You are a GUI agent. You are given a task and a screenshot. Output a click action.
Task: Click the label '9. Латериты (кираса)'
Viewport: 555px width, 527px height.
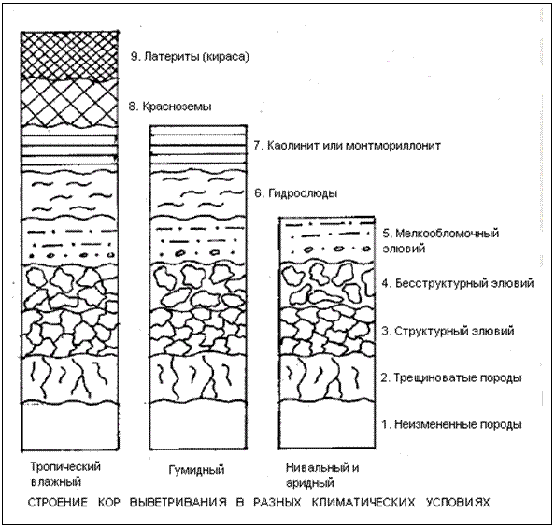pos(190,57)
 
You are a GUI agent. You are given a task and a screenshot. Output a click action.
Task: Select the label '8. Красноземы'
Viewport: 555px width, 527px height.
pos(170,107)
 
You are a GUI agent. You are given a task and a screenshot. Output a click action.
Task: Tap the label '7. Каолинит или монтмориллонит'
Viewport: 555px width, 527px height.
pos(348,146)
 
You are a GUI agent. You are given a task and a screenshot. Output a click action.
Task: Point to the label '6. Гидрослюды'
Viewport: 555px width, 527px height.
pos(296,193)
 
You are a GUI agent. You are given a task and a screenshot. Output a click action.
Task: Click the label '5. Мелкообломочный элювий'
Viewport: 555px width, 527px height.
pos(441,241)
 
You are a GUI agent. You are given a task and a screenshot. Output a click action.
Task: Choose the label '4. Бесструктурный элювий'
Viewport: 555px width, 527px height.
pos(458,283)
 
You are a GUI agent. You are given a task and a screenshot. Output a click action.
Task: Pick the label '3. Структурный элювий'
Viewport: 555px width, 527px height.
pos(448,331)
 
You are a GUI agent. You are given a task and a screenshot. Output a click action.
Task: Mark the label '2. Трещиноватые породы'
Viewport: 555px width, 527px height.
pos(451,377)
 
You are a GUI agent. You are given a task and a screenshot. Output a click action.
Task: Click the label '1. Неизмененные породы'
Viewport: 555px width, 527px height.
pos(451,424)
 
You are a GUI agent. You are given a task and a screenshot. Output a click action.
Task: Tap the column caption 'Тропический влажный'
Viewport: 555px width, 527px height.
pos(65,475)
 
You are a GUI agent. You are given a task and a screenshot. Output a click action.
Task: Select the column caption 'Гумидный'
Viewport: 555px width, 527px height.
pos(196,470)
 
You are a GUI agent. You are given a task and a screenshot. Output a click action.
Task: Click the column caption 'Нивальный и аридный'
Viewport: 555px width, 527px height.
pos(322,475)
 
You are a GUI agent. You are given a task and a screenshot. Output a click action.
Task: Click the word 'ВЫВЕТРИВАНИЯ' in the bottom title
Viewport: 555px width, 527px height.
pos(178,502)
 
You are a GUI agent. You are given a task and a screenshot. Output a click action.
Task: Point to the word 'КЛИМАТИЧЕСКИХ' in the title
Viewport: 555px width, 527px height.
pos(363,502)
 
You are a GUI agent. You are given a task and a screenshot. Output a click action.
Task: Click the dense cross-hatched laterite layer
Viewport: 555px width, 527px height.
pos(70,55)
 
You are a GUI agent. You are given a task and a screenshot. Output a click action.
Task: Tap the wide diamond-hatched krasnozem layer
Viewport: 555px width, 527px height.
pos(70,103)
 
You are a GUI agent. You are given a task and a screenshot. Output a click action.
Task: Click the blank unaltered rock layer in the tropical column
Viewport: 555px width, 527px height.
pos(70,426)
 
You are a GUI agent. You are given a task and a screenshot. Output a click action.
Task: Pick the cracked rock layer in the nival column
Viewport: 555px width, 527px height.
pos(327,377)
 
